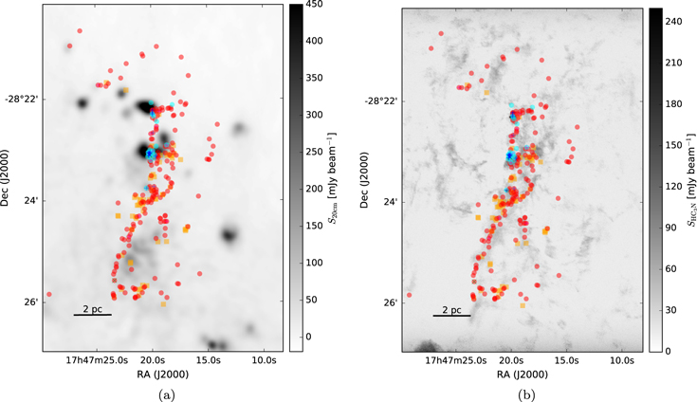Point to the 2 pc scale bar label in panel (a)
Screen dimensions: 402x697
pyautogui.click(x=93, y=308)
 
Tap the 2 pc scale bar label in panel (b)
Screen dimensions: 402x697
pyautogui.click(x=452, y=308)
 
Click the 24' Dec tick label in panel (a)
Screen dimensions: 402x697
pyautogui.click(x=32, y=201)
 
